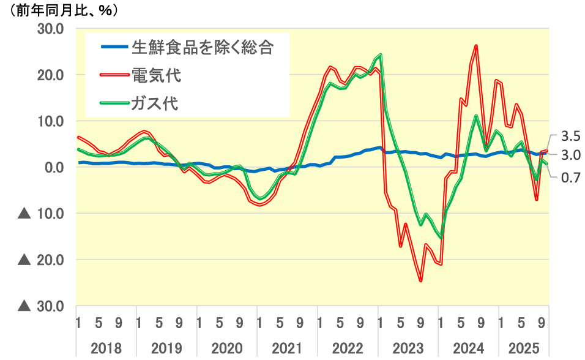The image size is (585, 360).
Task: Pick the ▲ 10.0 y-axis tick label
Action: pos(42,214)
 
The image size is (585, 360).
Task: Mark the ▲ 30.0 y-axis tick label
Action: pos(42,306)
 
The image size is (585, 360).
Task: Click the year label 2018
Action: pos(106,348)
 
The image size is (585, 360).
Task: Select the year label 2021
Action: pos(288,348)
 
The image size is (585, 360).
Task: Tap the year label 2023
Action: pos(409,348)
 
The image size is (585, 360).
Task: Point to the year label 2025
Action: pos(524,348)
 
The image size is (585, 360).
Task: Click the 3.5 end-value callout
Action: pos(570,136)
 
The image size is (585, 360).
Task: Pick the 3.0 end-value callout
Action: pos(570,156)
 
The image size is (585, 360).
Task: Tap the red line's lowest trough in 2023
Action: pos(421,281)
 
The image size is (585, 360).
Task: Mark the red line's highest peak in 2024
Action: pos(476,46)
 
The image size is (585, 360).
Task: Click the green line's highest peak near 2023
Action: pos(381,55)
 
